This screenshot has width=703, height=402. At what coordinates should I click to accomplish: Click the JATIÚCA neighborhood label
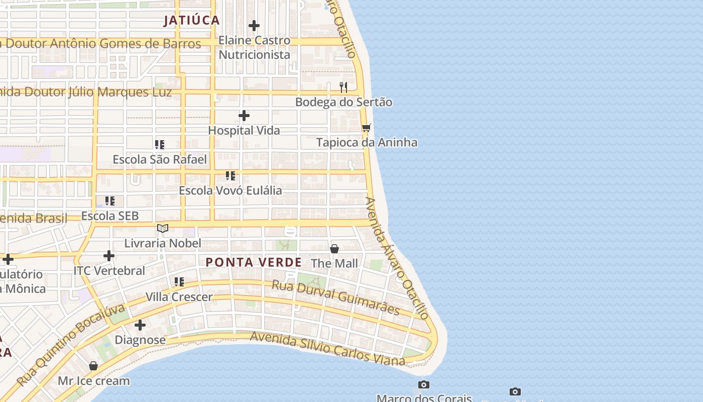click(x=192, y=20)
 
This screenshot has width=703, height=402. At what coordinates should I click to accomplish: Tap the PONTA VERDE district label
click(x=254, y=262)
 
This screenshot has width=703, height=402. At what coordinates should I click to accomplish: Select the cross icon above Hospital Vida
click(x=244, y=116)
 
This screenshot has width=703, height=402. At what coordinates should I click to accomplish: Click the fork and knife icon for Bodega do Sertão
click(x=343, y=87)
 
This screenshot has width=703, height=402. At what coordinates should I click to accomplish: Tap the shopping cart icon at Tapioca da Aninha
click(x=367, y=128)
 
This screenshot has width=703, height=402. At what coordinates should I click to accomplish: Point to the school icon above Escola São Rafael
click(x=160, y=145)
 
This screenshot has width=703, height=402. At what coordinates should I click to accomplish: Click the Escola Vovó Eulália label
click(x=230, y=191)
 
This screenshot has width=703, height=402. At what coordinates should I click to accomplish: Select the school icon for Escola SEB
click(x=110, y=202)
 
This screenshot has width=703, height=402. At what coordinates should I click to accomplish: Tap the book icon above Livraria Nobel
click(x=162, y=229)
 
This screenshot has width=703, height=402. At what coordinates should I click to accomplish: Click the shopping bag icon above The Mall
click(x=334, y=249)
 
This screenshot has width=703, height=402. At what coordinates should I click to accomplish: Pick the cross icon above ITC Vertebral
click(x=109, y=256)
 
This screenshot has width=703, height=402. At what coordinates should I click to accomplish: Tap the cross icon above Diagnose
click(x=140, y=326)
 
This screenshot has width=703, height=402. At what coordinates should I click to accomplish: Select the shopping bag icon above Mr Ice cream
click(x=93, y=366)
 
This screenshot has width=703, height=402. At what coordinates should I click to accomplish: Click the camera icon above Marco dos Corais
click(x=424, y=385)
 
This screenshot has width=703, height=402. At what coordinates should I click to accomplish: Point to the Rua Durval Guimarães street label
click(x=335, y=298)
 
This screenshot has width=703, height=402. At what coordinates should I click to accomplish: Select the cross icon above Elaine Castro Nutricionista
click(x=254, y=26)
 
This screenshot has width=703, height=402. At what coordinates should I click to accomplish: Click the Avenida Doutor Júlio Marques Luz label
click(x=85, y=92)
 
